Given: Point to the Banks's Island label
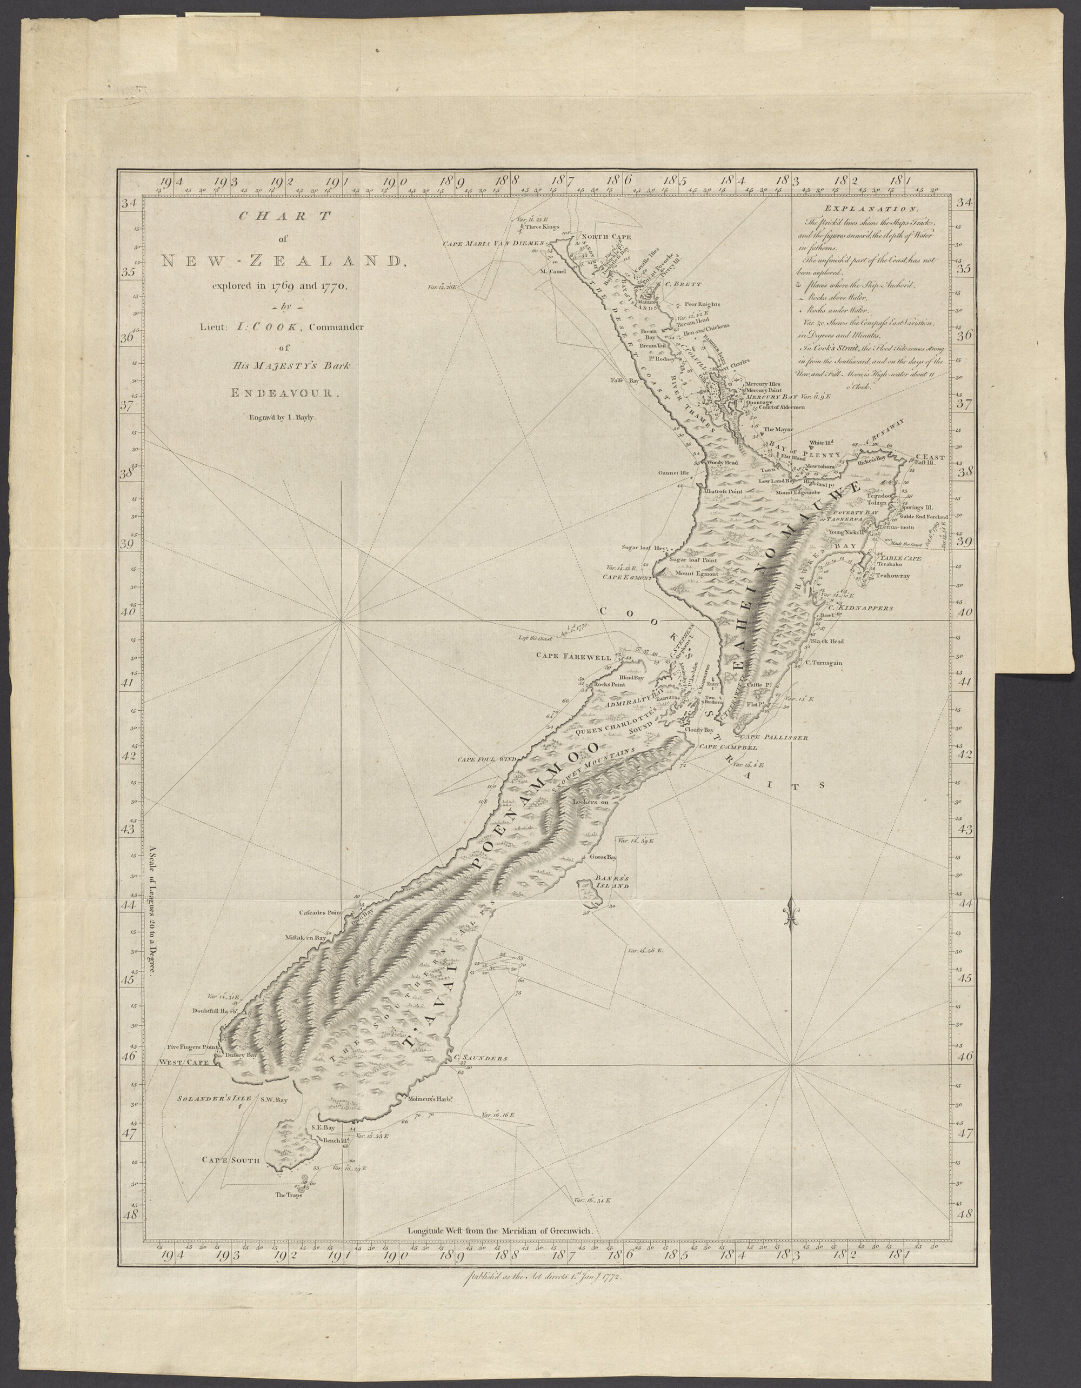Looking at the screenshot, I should (611, 882).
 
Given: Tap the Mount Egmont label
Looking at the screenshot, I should (697, 574).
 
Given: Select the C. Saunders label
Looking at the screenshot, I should (481, 1059).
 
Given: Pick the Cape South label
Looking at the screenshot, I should (231, 1160).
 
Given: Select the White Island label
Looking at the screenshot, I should (820, 443).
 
